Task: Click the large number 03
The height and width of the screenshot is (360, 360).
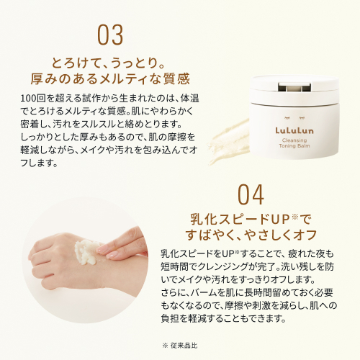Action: coord(110,35)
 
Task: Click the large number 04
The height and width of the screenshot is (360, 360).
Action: coord(251,194)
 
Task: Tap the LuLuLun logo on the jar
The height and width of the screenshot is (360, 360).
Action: coord(294,130)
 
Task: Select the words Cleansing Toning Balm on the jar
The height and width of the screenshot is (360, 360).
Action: coord(294,143)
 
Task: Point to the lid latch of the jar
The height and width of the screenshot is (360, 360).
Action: coord(294,87)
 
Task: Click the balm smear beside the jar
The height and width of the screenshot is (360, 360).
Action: coord(229,142)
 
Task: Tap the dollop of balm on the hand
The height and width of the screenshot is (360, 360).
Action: coord(86,251)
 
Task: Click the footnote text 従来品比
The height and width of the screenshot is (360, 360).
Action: coord(184,346)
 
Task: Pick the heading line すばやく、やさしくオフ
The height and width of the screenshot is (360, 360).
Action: coord(251,235)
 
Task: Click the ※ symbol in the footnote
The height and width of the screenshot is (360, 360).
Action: coord(165,346)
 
